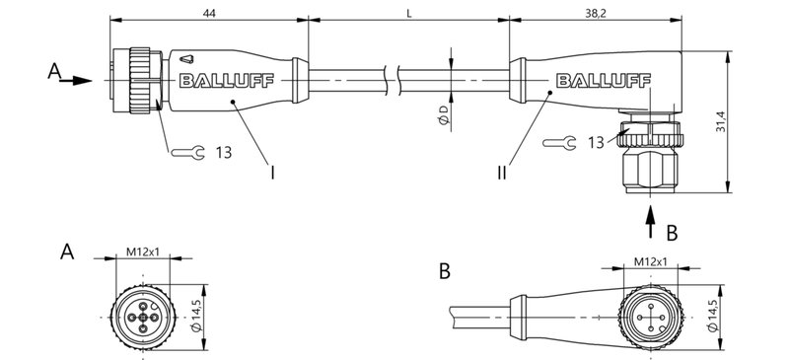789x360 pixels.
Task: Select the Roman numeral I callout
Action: click(x=271, y=173)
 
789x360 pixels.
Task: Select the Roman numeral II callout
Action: click(x=503, y=173)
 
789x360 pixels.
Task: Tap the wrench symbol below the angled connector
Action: click(x=558, y=143)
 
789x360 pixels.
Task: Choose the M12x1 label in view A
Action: click(x=144, y=253)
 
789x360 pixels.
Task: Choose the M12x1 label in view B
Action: click(x=649, y=261)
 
